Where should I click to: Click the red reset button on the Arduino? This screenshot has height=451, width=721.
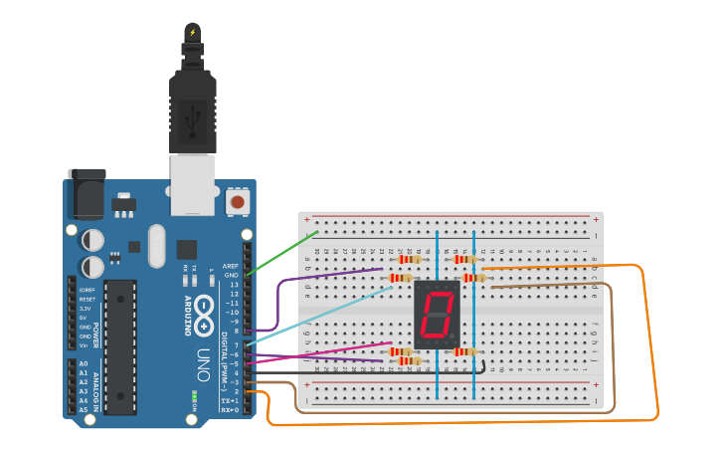[x=237, y=202]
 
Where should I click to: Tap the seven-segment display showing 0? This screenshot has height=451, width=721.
[x=438, y=315]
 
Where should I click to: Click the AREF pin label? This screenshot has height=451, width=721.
[x=230, y=266]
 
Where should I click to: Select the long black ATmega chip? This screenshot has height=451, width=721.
[x=120, y=346]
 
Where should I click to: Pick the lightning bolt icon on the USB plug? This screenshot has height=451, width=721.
[x=192, y=32]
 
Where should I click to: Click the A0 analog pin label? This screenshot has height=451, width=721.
[x=84, y=364]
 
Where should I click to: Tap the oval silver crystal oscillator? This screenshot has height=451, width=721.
[x=156, y=246]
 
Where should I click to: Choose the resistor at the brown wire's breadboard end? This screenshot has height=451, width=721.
[x=473, y=278]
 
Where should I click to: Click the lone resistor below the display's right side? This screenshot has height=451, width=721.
[x=464, y=351]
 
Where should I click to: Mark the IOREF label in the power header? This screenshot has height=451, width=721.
[x=87, y=290]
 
